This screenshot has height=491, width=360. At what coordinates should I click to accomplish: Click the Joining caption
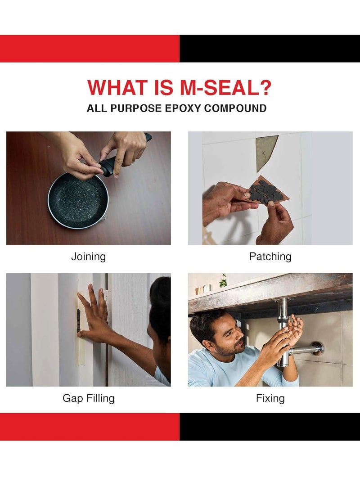point(88,257)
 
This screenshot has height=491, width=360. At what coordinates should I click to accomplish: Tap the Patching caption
point(270,257)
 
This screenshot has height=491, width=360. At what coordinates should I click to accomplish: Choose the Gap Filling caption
point(88,398)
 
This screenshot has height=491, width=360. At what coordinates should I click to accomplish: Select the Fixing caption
point(270,398)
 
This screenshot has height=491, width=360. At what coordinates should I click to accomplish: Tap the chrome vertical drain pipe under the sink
point(283,324)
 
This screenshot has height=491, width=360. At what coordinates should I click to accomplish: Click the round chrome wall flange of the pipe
point(318,347)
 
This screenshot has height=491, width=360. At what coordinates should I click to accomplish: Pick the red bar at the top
point(90,49)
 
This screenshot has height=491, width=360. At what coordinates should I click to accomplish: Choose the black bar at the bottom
point(270,427)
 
